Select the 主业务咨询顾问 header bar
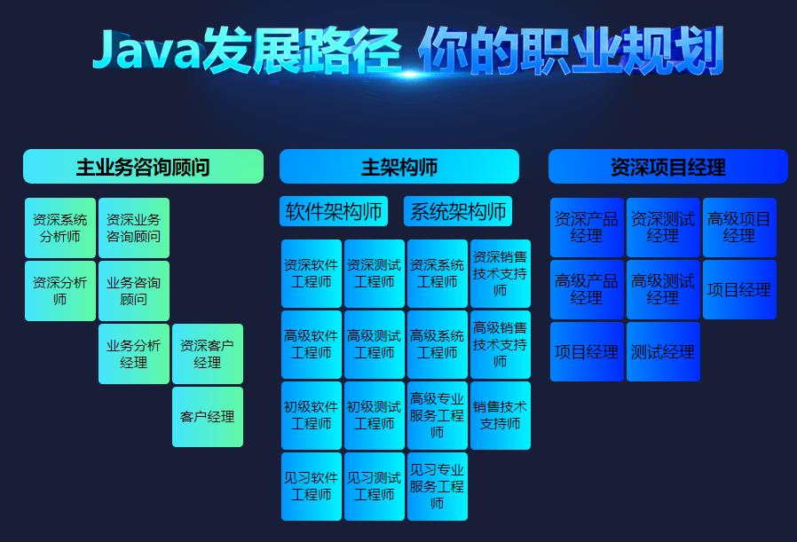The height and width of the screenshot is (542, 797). [x=143, y=167]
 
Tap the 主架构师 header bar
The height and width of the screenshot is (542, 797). [x=398, y=167]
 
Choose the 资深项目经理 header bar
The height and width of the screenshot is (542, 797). [x=667, y=167]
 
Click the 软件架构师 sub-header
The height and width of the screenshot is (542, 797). [x=334, y=211]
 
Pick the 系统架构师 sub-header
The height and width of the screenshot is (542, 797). [x=458, y=211]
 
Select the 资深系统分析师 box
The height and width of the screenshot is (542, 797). [x=60, y=228]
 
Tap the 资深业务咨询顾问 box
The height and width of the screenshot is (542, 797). [x=134, y=228]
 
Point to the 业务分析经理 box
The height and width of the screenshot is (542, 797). [x=134, y=354]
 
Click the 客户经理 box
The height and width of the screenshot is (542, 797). [x=208, y=417]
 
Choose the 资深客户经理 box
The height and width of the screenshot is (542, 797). [x=208, y=354]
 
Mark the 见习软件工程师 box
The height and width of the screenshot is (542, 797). [x=312, y=486]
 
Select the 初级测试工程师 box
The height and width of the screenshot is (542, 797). [x=375, y=415]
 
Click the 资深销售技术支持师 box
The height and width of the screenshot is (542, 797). [x=501, y=273]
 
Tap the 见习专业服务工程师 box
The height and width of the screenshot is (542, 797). [x=438, y=486]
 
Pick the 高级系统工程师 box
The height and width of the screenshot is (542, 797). [x=438, y=344]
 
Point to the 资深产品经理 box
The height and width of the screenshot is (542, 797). [x=587, y=228]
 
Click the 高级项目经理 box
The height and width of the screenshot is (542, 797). [x=739, y=228]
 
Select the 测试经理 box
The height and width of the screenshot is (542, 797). [x=663, y=352]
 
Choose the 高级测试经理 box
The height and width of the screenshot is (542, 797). [x=663, y=290]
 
